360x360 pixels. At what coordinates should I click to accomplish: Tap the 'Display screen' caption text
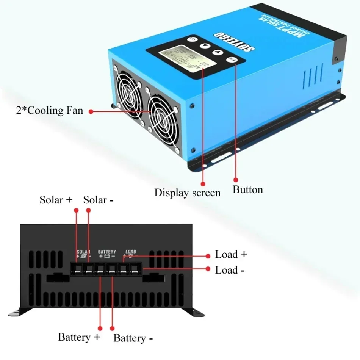click(x=187, y=193)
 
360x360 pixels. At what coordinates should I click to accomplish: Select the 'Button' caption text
click(x=247, y=189)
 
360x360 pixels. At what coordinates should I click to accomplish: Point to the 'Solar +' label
click(x=56, y=200)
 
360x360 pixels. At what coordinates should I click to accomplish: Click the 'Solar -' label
click(x=98, y=200)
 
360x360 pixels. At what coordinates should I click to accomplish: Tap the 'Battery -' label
click(x=133, y=338)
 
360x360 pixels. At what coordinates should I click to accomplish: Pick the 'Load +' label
click(x=231, y=254)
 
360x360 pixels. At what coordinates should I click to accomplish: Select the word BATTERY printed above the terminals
click(x=107, y=252)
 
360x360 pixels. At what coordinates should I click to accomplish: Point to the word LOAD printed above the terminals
click(x=130, y=252)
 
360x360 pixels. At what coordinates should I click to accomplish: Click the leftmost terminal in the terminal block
click(x=77, y=269)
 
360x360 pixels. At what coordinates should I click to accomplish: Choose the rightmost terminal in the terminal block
click(x=135, y=269)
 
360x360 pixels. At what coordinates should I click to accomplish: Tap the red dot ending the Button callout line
click(x=235, y=180)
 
